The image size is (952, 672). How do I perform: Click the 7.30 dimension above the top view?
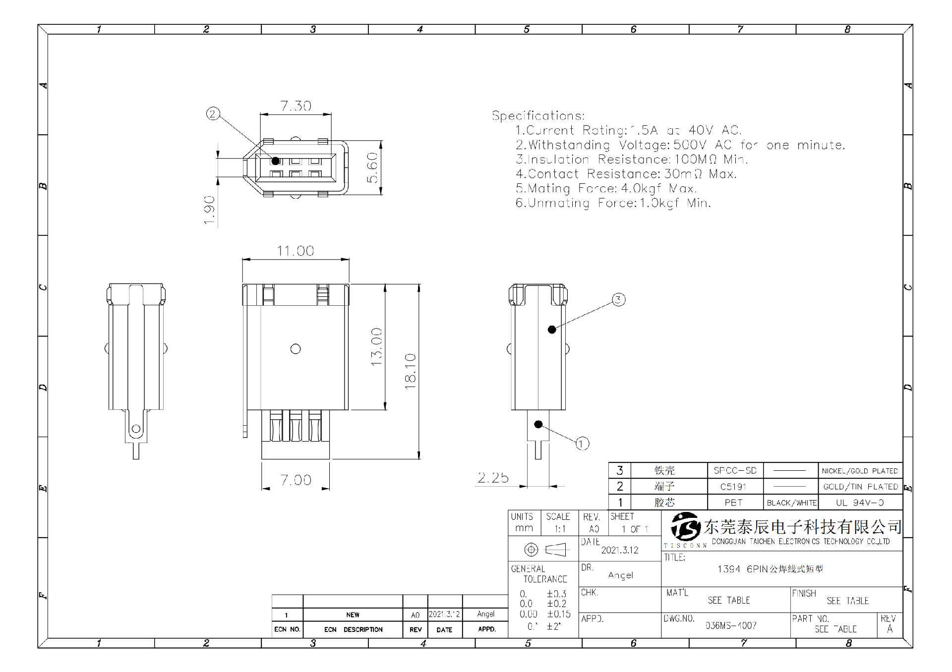[x=296, y=106]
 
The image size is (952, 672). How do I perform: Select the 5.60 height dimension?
[x=373, y=168]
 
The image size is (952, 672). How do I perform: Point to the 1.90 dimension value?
[x=210, y=210]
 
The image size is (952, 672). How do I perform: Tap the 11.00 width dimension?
[x=296, y=251]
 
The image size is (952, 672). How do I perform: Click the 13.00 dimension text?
[x=377, y=347]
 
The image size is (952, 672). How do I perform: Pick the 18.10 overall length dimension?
[x=411, y=371]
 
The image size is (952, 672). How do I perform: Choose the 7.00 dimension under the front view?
[x=296, y=480]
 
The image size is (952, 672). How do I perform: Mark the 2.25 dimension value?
[x=493, y=478]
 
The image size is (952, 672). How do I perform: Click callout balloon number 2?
[x=213, y=114]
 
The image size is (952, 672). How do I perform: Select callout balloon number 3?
[x=618, y=299]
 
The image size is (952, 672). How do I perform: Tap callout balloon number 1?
[x=582, y=444]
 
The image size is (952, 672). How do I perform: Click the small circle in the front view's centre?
[x=296, y=349]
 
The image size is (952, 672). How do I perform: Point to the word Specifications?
[x=538, y=116]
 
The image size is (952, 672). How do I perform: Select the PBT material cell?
[x=734, y=503]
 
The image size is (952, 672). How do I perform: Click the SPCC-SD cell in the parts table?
[x=735, y=471]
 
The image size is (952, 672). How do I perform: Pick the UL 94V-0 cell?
[x=860, y=503]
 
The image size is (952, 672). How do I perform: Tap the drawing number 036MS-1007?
[x=731, y=625]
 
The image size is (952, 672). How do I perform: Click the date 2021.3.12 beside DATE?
[x=620, y=550]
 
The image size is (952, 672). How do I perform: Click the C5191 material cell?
[x=734, y=487]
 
